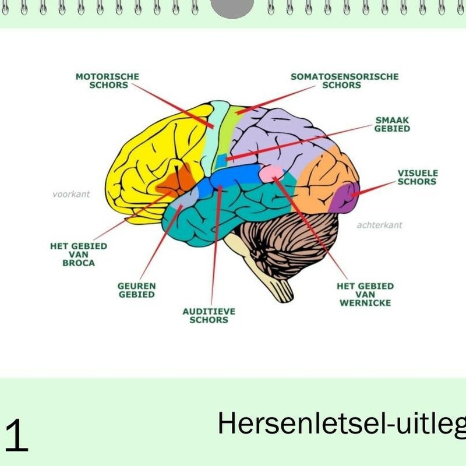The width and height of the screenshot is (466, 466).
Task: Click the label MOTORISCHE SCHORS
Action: point(107,80)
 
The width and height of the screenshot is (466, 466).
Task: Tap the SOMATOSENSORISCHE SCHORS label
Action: point(344,80)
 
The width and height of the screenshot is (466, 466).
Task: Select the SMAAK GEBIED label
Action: point(392,124)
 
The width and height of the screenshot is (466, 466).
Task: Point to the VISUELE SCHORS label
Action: point(417,177)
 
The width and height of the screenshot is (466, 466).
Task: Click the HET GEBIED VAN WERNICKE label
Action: point(365,294)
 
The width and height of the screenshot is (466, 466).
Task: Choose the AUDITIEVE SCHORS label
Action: point(209,316)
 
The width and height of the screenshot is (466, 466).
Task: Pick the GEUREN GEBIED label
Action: point(136,290)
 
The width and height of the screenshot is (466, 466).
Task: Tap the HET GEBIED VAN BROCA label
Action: point(78,255)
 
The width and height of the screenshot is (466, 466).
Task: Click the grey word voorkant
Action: point(71,194)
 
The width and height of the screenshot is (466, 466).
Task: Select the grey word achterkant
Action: point(379,225)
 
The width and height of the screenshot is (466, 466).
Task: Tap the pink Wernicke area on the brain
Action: point(271,172)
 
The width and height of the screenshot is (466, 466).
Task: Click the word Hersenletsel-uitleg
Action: point(341,423)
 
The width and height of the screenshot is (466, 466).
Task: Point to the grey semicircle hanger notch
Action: point(232,8)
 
